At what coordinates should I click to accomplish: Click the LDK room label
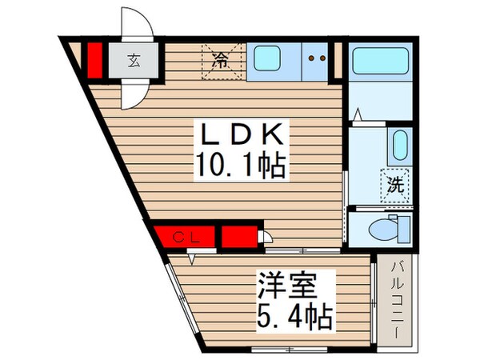pos(238,134)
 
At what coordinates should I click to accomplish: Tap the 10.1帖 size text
pos(238,166)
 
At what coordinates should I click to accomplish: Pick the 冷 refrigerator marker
pos(218,58)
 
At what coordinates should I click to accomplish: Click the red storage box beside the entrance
pos(94,60)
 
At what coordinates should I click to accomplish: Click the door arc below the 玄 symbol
pos(132,94)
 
